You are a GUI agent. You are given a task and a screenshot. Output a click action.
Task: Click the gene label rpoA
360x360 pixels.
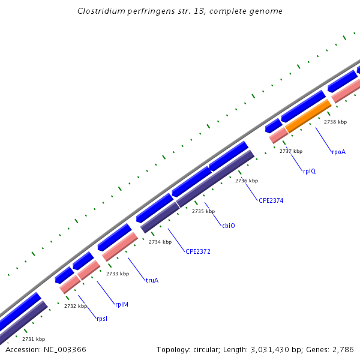pyautogui.click(x=338, y=152)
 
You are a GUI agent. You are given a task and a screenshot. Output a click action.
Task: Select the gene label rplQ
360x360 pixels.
pyautogui.click(x=309, y=171)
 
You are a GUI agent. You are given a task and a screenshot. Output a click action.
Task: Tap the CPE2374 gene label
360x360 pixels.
pyautogui.click(x=271, y=200)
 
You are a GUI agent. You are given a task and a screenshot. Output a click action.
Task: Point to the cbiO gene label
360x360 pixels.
pyautogui.click(x=229, y=226)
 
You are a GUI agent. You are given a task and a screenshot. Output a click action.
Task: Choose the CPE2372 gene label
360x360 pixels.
pyautogui.click(x=198, y=251)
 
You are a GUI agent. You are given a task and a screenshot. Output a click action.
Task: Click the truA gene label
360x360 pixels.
pyautogui.click(x=152, y=280)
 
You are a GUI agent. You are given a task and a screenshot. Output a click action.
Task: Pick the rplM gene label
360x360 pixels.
pyautogui.click(x=122, y=304)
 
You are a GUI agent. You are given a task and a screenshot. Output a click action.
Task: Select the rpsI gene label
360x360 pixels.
pyautogui.click(x=102, y=319)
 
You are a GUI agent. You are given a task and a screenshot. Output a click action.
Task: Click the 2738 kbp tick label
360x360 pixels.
pyautogui.click(x=335, y=122)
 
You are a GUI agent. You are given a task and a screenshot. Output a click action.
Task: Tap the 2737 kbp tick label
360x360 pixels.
pyautogui.click(x=291, y=151)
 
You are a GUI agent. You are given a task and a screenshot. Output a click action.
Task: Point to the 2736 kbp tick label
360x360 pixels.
pyautogui.click(x=247, y=181)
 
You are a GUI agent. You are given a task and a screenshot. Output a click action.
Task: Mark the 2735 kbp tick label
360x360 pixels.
pyautogui.click(x=203, y=211)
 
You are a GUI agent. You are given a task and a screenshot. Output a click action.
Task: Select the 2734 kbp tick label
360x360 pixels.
pyautogui.click(x=160, y=242)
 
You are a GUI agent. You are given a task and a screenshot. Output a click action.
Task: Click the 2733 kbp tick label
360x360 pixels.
pyautogui.click(x=118, y=274)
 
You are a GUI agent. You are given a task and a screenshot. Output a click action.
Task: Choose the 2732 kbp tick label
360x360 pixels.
pyautogui.click(x=76, y=306)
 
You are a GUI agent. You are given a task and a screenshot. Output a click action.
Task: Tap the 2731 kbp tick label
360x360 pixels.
pyautogui.click(x=34, y=339)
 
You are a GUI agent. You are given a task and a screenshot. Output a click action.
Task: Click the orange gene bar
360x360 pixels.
pyautogui.click(x=308, y=116)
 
